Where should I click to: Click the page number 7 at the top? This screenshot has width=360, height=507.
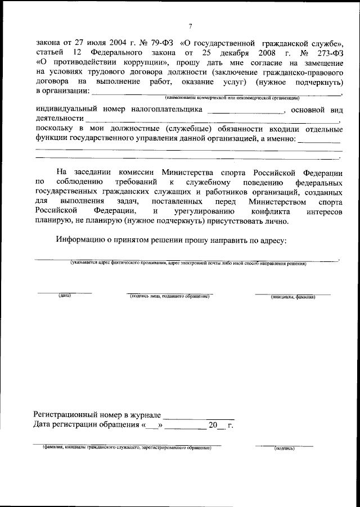[191, 26]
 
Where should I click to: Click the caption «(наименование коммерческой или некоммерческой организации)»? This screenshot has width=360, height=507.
[232, 98]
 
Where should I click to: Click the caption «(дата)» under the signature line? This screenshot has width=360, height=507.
[64, 296]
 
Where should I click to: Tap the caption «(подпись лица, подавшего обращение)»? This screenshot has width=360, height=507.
[169, 296]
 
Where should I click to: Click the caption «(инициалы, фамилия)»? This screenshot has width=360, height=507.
[292, 296]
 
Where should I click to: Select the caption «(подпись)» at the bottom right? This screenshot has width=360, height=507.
[284, 449]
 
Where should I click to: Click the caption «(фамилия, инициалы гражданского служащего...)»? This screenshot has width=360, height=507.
[122, 449]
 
